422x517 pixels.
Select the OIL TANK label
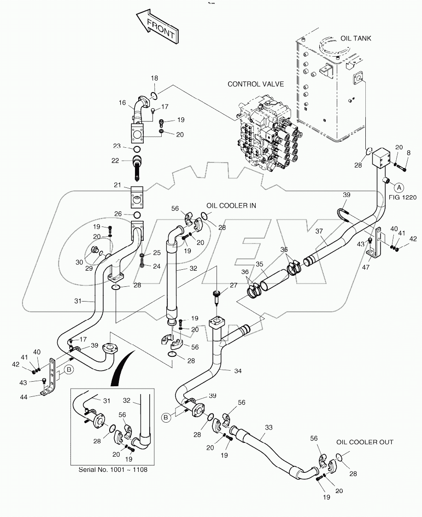(355, 38)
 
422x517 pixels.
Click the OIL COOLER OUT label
(365, 442)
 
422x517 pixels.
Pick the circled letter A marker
(399, 187)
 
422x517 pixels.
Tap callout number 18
(154, 79)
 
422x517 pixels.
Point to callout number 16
(122, 103)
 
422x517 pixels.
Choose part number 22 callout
(116, 161)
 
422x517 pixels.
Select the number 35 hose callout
(259, 264)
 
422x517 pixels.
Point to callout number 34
(224, 370)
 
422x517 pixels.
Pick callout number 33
(269, 427)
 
